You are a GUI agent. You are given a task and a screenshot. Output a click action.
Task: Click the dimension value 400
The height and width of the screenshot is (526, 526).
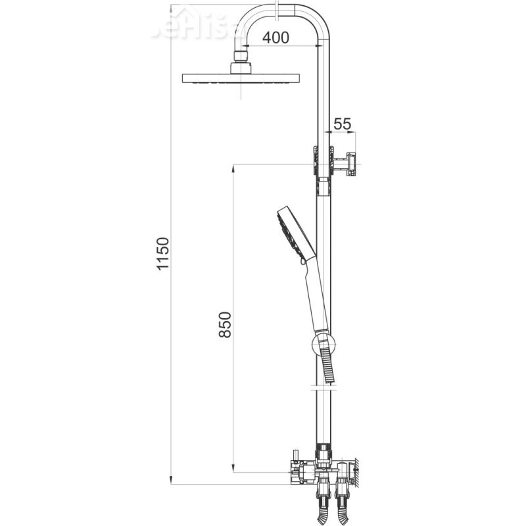275,37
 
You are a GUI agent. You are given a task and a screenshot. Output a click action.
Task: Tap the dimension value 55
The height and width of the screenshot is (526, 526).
343,124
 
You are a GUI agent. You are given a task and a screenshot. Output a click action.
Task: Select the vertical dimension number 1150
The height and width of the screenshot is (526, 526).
164,254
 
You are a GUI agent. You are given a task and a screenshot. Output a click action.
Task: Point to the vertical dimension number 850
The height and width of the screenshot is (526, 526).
225,324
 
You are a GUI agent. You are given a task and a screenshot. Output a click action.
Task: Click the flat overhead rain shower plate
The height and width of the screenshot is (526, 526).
241,78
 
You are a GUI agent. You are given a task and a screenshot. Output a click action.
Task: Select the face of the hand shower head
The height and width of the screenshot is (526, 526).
286,233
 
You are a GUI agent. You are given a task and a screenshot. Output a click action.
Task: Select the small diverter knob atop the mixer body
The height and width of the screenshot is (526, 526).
296,455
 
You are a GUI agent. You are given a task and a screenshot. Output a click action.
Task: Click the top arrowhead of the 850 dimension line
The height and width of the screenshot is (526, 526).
233,168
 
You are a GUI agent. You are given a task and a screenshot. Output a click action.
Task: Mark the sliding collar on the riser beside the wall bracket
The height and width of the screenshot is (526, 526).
323,164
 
